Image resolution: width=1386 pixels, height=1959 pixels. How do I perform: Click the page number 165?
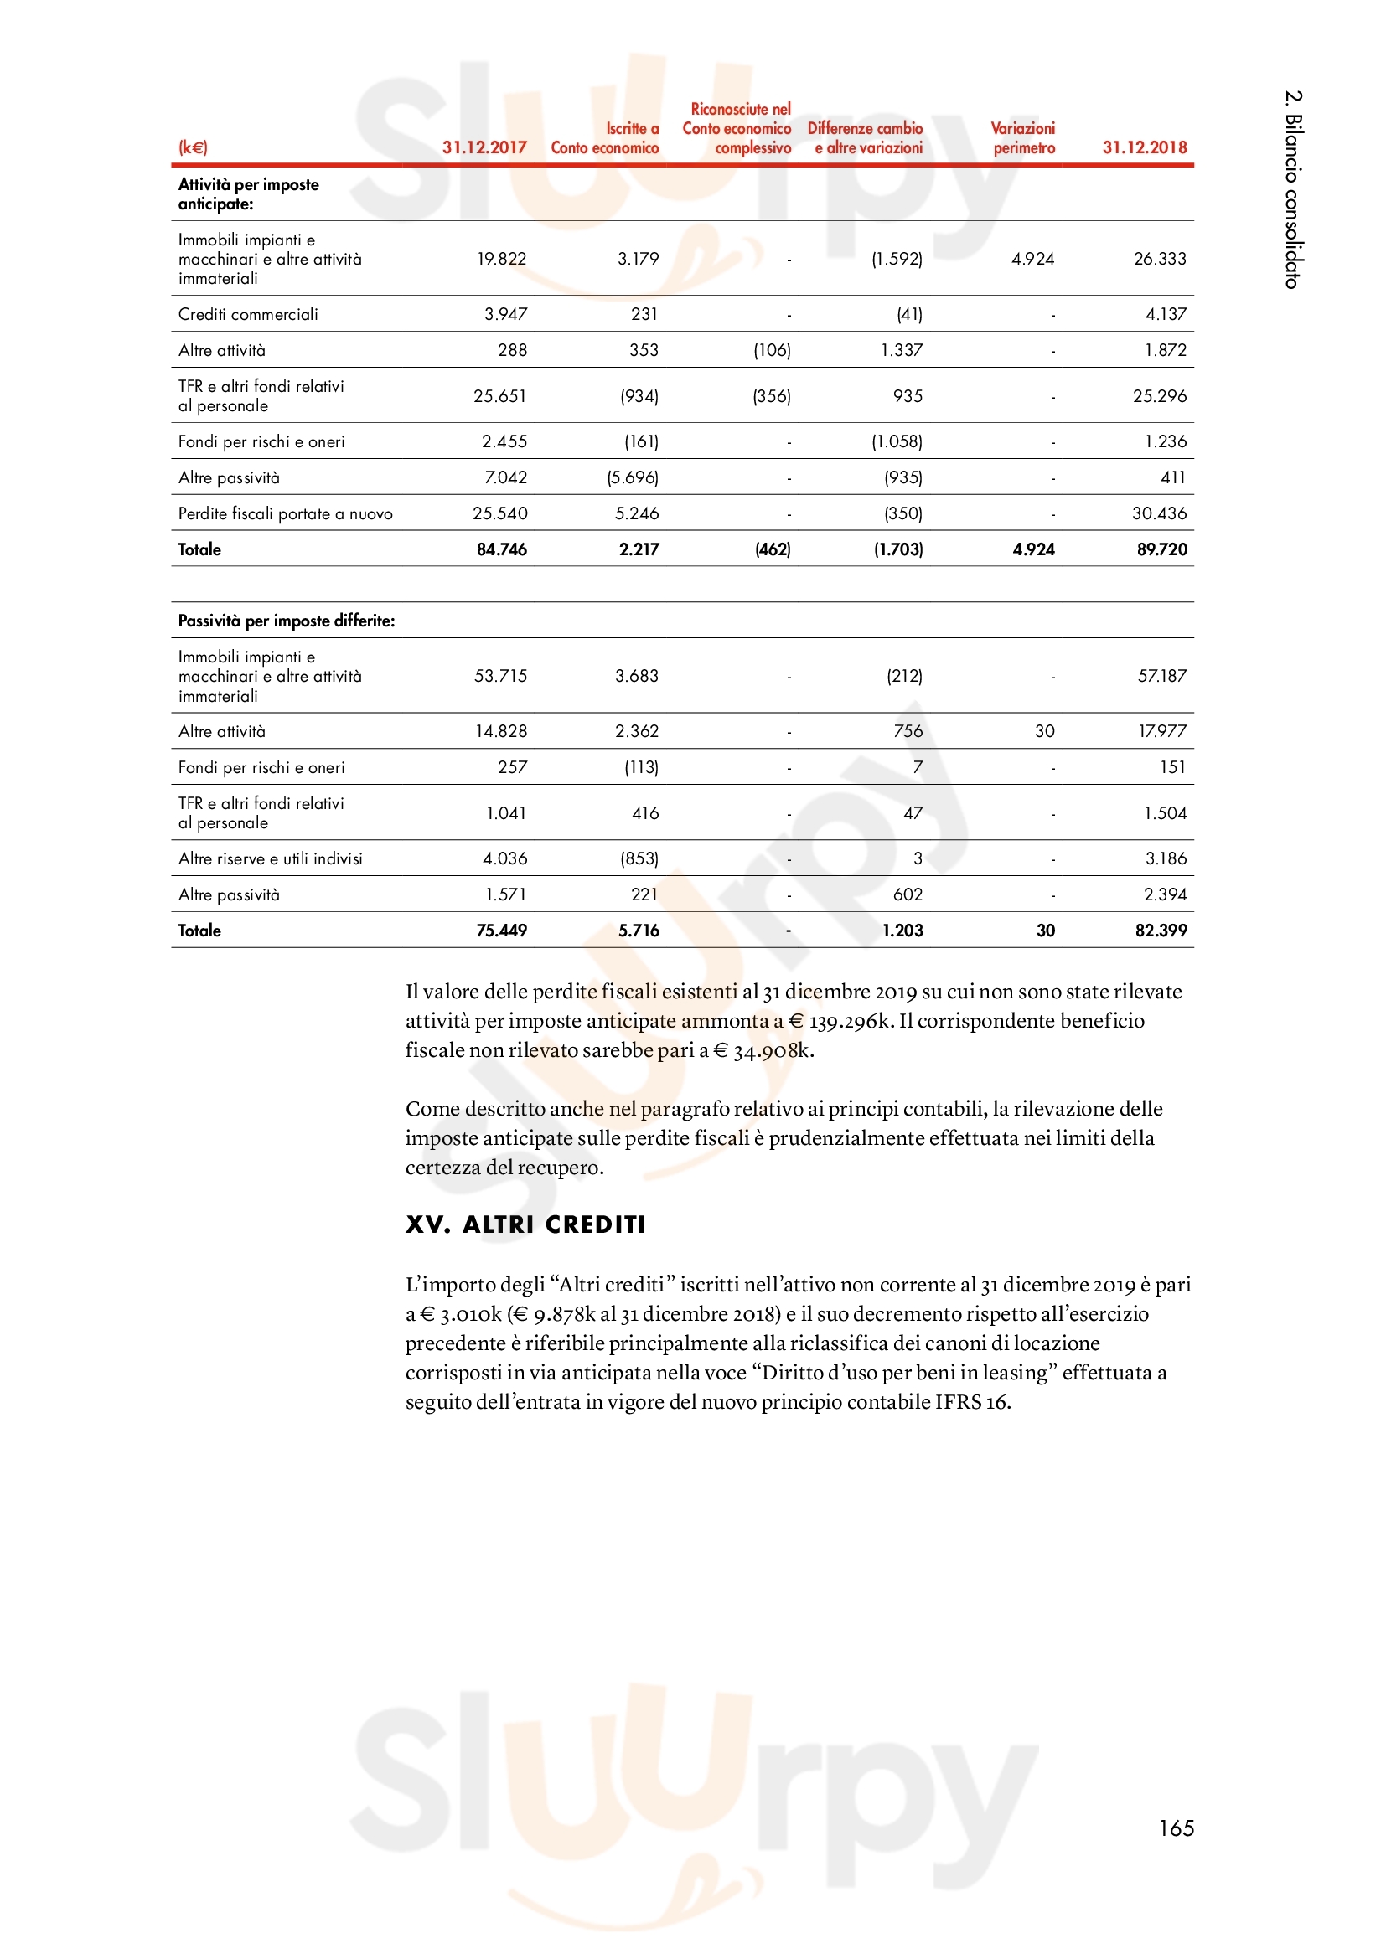[1175, 1828]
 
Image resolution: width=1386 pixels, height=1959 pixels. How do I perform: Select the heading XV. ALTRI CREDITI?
[525, 1224]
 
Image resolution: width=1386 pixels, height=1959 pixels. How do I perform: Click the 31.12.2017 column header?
[484, 147]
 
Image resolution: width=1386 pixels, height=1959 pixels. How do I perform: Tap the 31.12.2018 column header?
[1144, 147]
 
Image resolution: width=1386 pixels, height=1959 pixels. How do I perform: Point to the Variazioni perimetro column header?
[1022, 138]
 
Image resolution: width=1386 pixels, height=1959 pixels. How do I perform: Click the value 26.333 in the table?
[1159, 259]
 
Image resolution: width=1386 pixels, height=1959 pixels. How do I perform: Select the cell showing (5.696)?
[633, 477]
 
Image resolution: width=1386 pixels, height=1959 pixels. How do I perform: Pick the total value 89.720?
[1161, 549]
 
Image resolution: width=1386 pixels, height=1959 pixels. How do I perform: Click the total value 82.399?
[1160, 931]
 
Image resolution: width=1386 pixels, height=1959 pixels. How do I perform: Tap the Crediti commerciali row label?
[247, 314]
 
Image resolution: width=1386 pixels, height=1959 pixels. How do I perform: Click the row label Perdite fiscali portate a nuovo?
[285, 513]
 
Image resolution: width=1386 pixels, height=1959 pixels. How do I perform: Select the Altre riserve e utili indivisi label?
[270, 858]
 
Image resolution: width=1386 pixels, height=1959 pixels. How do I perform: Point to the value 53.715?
[500, 676]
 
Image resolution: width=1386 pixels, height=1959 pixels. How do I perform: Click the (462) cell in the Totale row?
[773, 549]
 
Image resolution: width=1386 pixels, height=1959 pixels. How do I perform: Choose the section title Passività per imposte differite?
[286, 621]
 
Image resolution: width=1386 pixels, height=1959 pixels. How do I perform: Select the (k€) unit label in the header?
[193, 147]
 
